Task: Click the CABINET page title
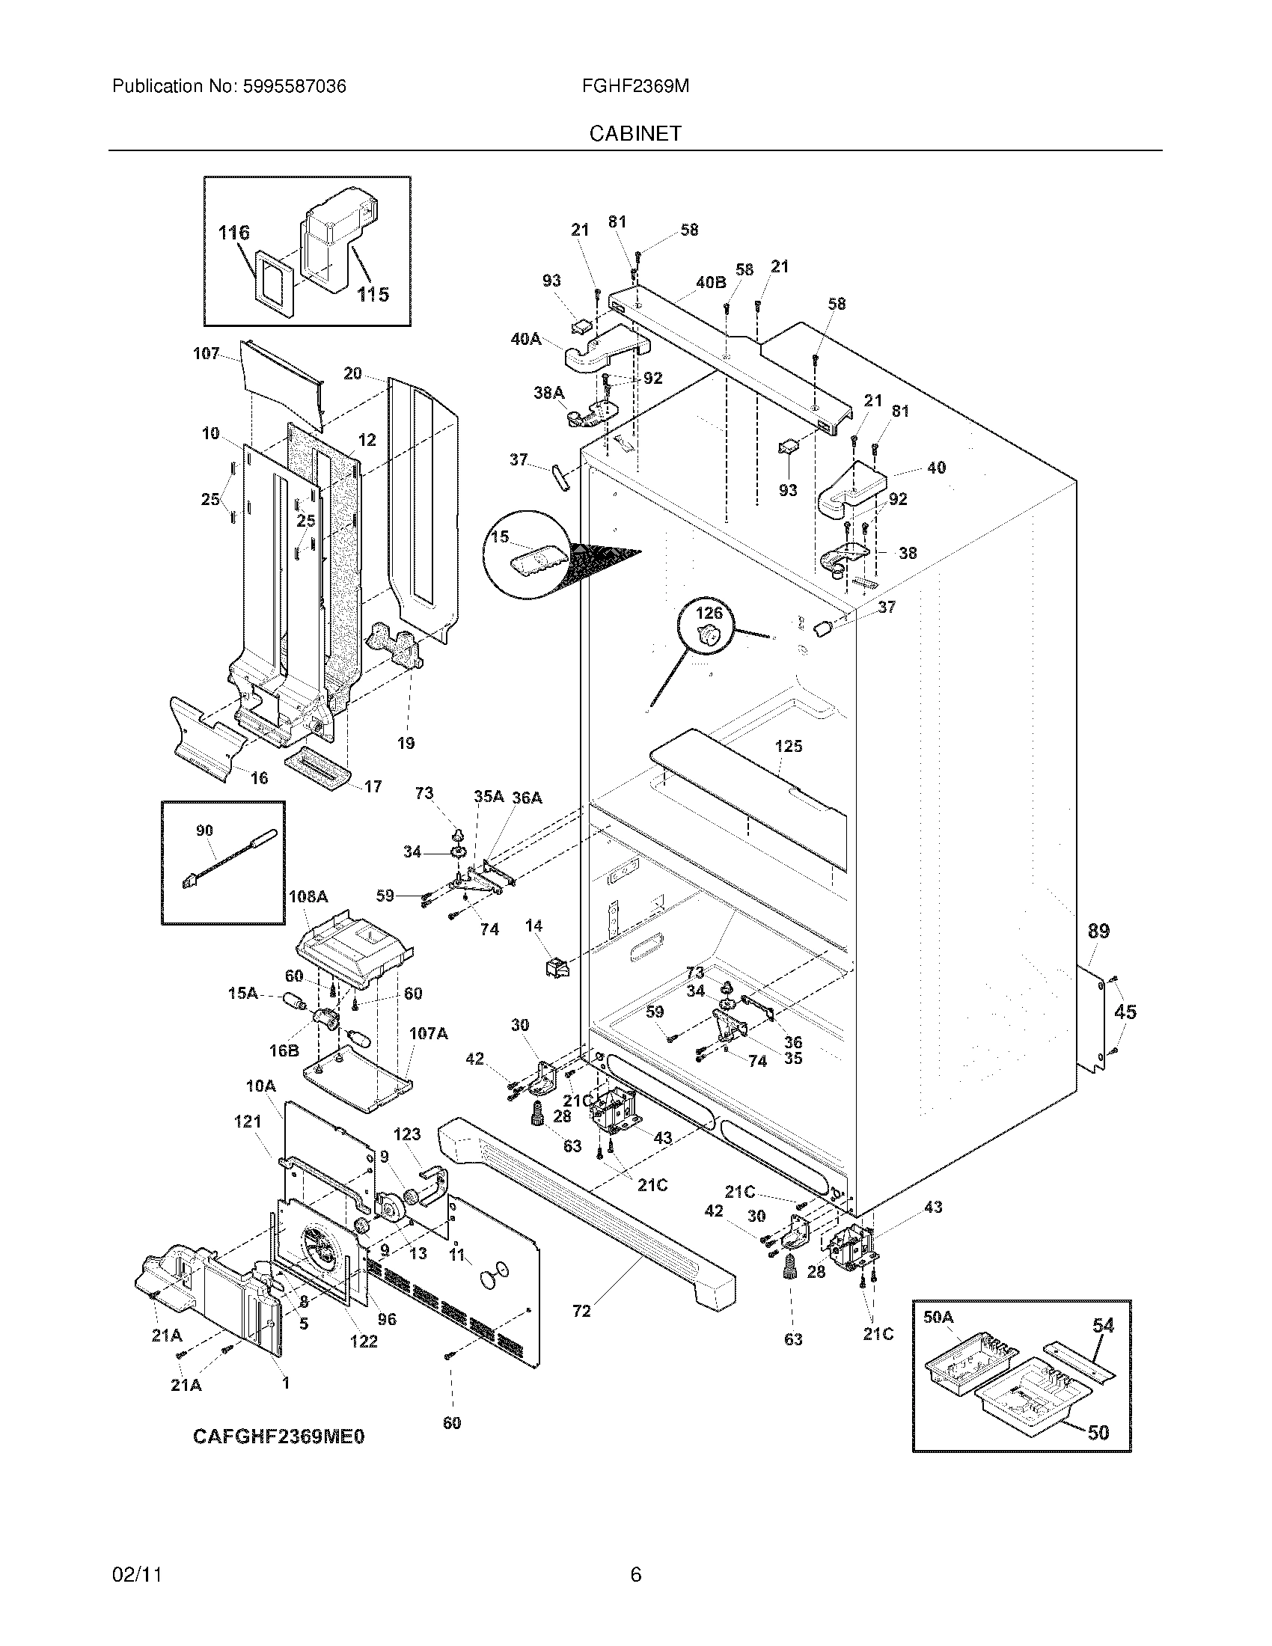pos(635,133)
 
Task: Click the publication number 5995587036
pos(294,87)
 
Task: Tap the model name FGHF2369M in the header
pos(635,87)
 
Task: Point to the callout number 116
pos(233,233)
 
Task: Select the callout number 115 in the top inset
pos(373,294)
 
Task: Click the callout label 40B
pos(711,283)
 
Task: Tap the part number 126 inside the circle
pos(709,613)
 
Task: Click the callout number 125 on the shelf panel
pos(788,746)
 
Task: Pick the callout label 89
pos(1098,931)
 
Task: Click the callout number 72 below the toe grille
pos(581,1311)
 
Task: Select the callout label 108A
pos(308,897)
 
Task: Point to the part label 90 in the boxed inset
pos(204,830)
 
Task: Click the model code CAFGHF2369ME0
pos(279,1437)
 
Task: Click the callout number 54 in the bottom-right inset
pos(1102,1325)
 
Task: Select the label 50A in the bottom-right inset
pos(938,1317)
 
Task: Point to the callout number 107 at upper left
pos(206,353)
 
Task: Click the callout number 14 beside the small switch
pos(533,926)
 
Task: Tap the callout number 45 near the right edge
pos(1125,1012)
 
